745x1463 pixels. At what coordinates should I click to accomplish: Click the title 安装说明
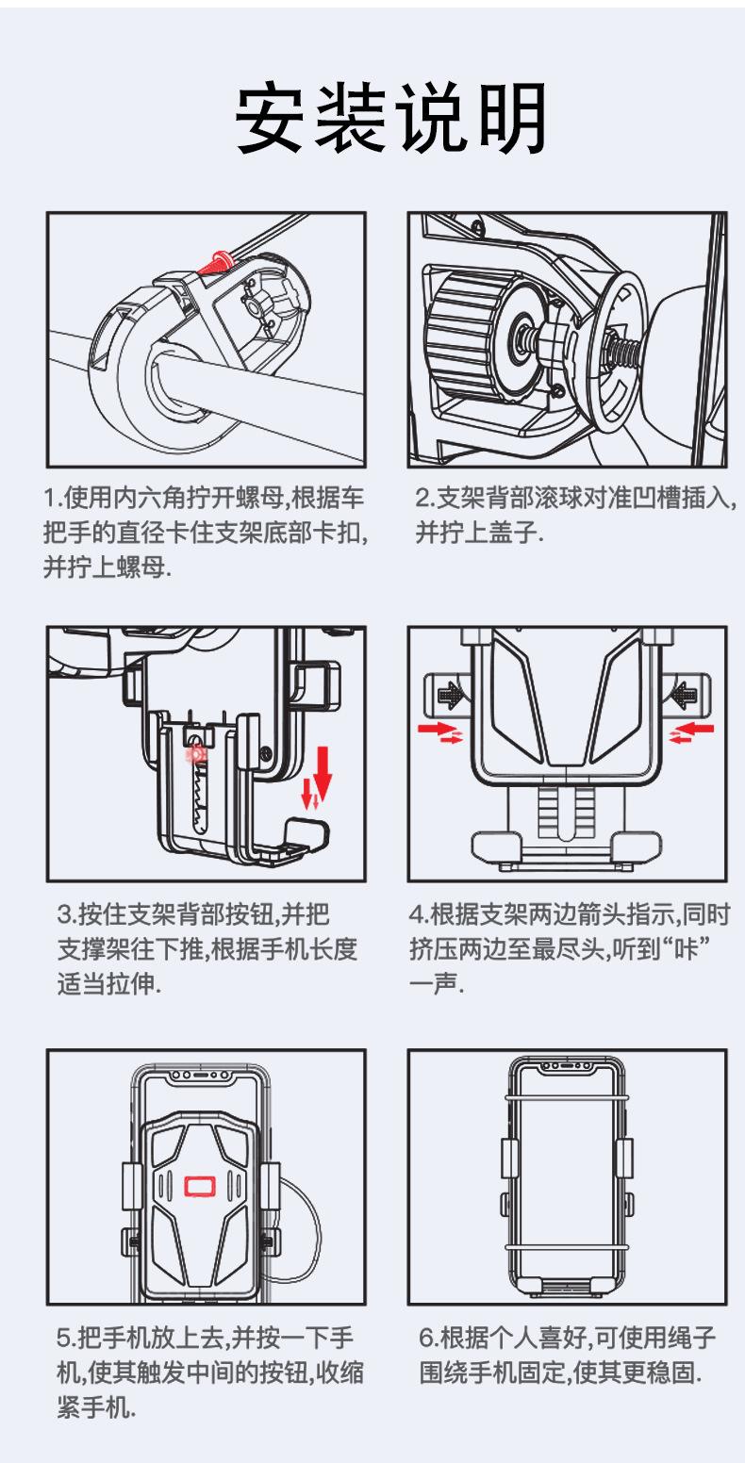pyautogui.click(x=390, y=118)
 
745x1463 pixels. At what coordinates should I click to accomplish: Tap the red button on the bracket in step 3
pyautogui.click(x=195, y=755)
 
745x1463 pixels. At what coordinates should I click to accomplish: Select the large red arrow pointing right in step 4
pyautogui.click(x=438, y=727)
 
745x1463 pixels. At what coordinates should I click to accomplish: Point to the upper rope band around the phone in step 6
pyautogui.click(x=567, y=1098)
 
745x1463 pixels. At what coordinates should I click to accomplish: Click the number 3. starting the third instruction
pyautogui.click(x=68, y=913)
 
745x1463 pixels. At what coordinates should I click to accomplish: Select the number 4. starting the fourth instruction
pyautogui.click(x=420, y=913)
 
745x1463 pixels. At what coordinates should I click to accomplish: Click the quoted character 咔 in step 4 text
pyautogui.click(x=686, y=948)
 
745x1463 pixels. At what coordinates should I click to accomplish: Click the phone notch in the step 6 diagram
pyautogui.click(x=568, y=1066)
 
